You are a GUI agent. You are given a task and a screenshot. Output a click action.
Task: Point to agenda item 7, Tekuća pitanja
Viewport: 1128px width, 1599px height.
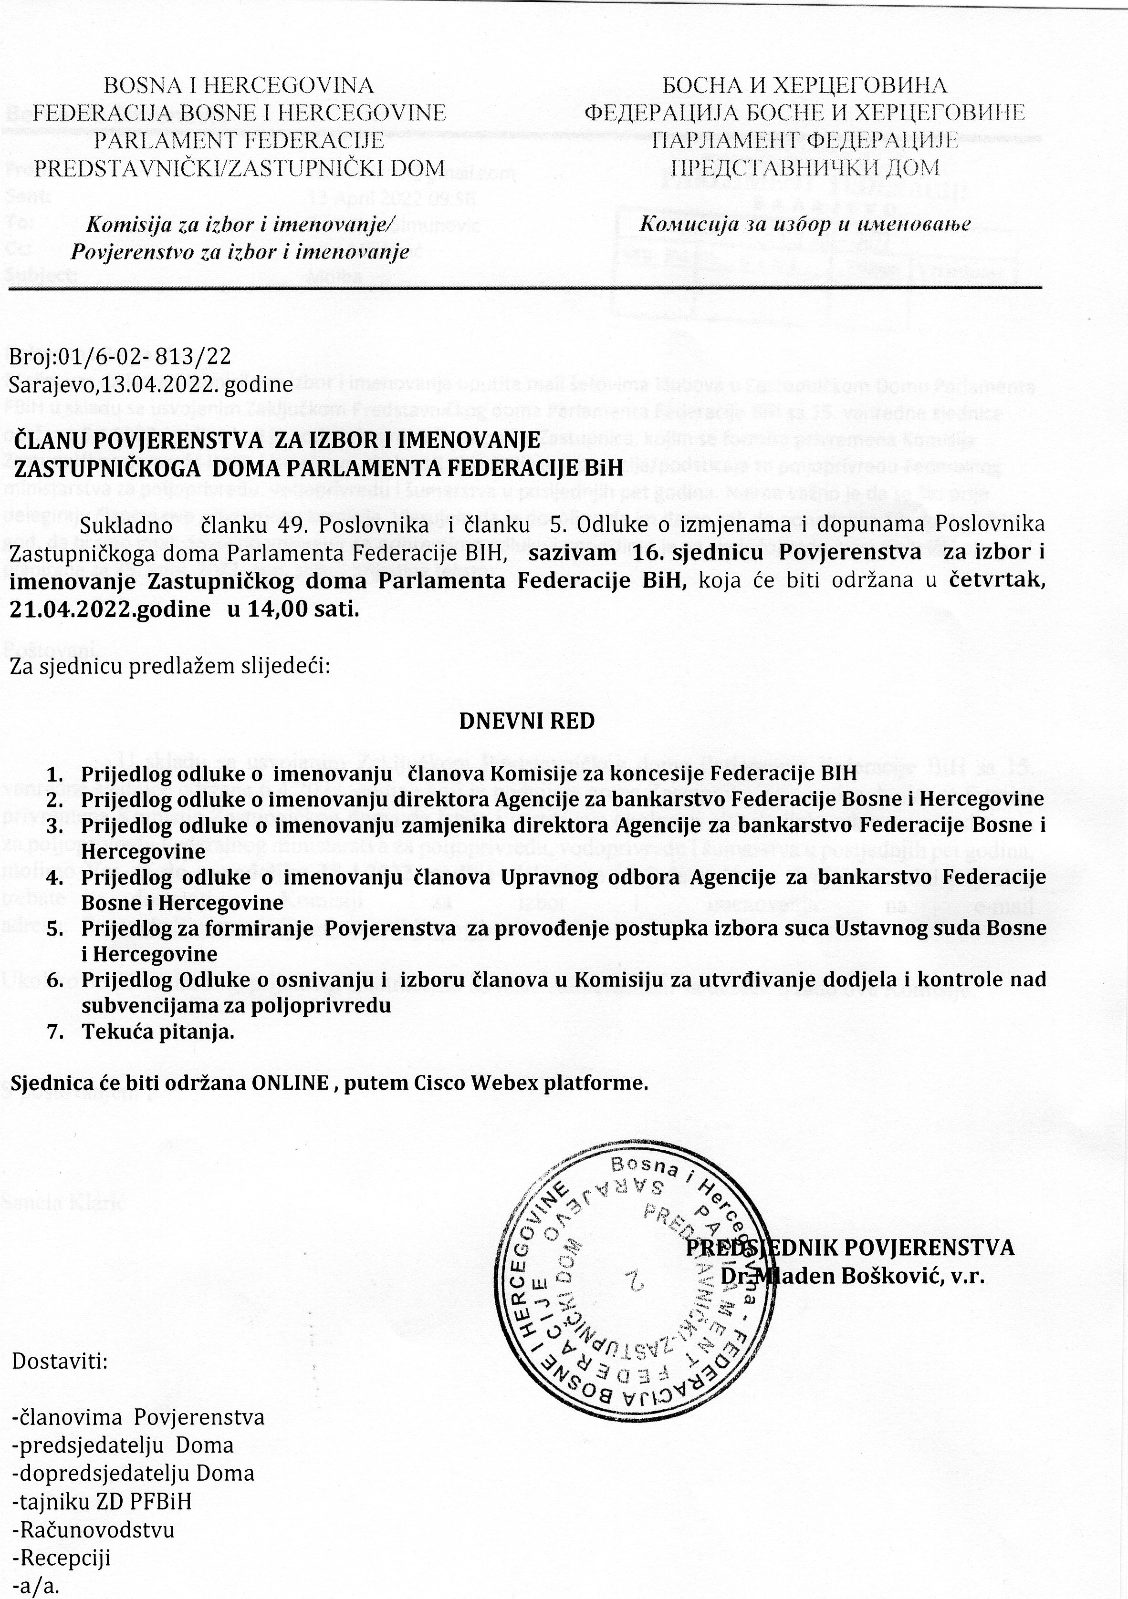(158, 1032)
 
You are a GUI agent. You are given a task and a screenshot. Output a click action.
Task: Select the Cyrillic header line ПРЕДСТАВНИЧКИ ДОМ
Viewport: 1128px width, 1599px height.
(804, 167)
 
